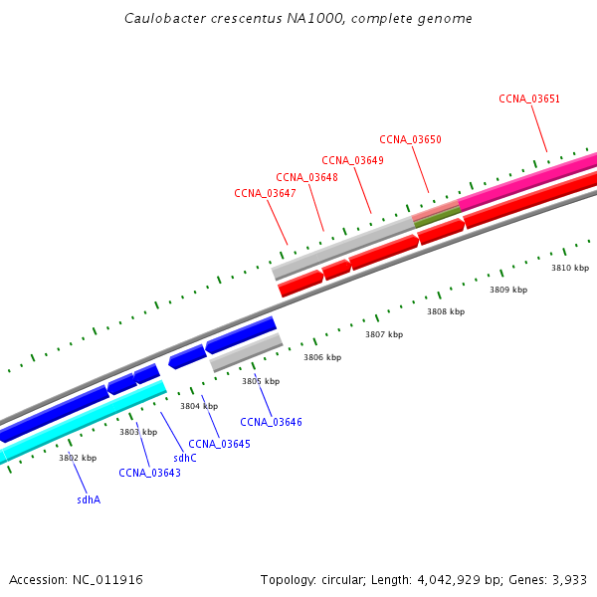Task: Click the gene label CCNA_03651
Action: [x=529, y=99]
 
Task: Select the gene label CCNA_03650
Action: [x=410, y=139]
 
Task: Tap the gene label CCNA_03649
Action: [x=352, y=160]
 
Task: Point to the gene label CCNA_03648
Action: [x=306, y=177]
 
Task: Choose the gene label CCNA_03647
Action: [x=265, y=193]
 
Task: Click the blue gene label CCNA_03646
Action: [x=271, y=422]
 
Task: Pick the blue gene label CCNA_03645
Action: [x=219, y=444]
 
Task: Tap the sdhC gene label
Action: [x=185, y=458]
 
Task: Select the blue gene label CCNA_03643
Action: [x=149, y=473]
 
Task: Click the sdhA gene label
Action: [x=89, y=499]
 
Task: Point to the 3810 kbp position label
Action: [x=570, y=268]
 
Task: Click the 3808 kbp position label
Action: [x=446, y=311]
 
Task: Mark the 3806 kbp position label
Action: [x=322, y=357]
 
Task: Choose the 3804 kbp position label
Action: [x=199, y=406]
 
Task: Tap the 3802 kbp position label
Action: [x=78, y=458]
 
